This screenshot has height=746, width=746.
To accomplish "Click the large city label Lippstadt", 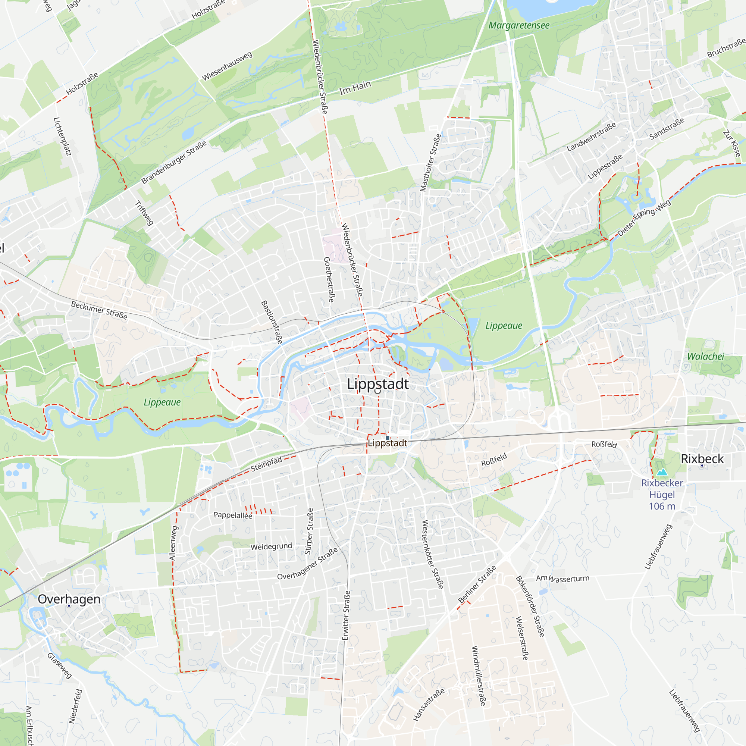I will pyautogui.click(x=377, y=384).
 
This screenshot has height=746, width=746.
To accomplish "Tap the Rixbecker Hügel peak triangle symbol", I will pyautogui.click(x=662, y=472).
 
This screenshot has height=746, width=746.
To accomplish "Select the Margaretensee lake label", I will pyautogui.click(x=518, y=25).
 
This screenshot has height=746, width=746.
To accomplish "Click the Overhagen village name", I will pyautogui.click(x=69, y=599).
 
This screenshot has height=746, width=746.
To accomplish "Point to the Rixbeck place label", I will pyautogui.click(x=702, y=459).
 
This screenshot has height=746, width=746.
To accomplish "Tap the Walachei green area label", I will pyautogui.click(x=705, y=356).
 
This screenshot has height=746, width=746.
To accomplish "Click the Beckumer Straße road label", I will pyautogui.click(x=99, y=310).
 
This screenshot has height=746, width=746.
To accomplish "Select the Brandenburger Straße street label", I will pyautogui.click(x=174, y=163).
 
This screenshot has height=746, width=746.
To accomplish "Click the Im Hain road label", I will pyautogui.click(x=355, y=88).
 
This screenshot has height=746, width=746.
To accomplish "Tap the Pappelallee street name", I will pyautogui.click(x=233, y=515).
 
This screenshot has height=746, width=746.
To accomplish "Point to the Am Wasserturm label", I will pyautogui.click(x=562, y=579).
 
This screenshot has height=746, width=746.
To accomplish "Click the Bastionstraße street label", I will pyautogui.click(x=272, y=322).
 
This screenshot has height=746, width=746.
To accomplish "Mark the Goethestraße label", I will pyautogui.click(x=329, y=279).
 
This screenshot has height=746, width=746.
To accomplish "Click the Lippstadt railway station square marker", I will pyautogui.click(x=387, y=438).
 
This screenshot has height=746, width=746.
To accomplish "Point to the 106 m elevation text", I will pyautogui.click(x=662, y=506).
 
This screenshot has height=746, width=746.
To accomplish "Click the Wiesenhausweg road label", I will pyautogui.click(x=227, y=66).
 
